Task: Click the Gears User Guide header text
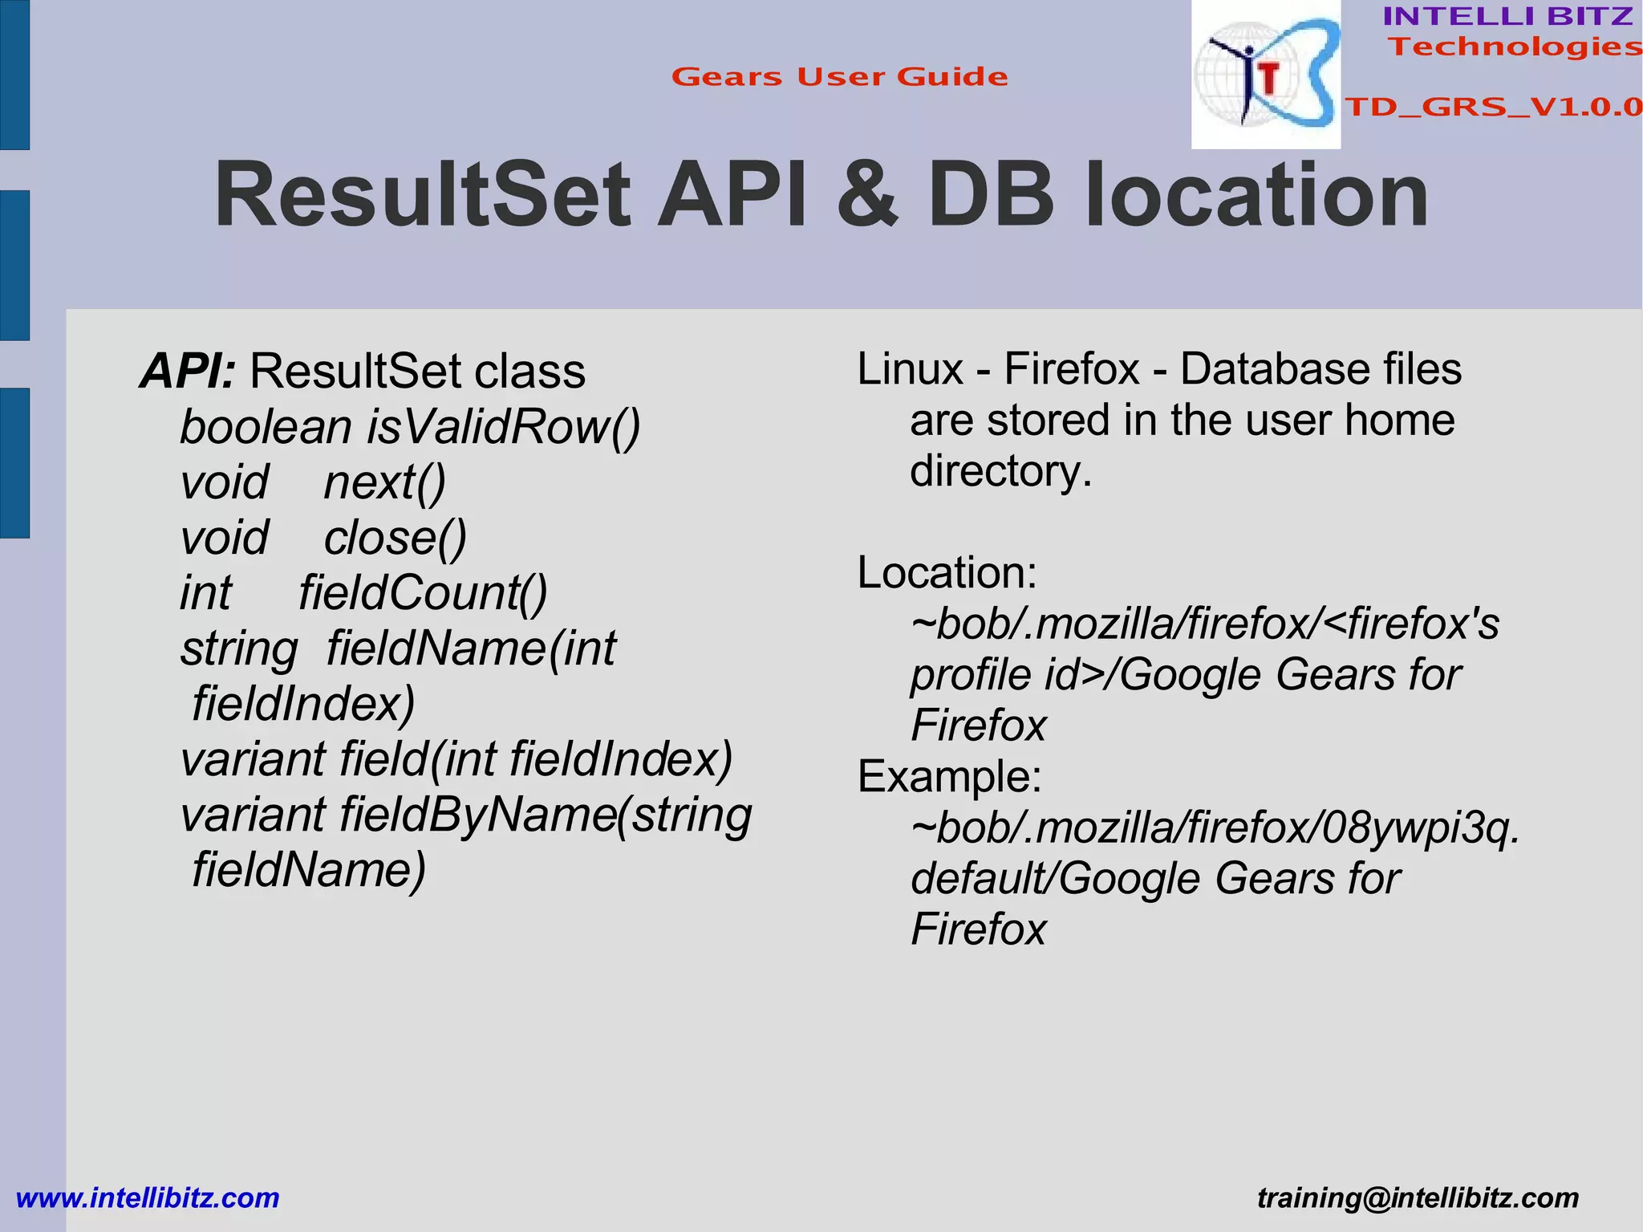coord(839,77)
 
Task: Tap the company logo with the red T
coord(1265,75)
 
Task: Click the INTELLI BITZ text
coord(1507,16)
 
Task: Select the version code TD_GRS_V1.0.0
coord(1492,107)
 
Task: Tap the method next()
coord(384,482)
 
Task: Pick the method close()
coord(395,538)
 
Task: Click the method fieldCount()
coord(423,593)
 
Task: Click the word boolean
coord(266,426)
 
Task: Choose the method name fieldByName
coord(477,815)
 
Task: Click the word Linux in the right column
coord(910,369)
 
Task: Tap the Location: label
coord(947,572)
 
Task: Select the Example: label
coord(949,776)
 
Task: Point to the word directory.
coord(1000,470)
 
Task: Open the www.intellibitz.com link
coord(148,1197)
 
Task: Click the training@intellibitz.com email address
coord(1418,1197)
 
